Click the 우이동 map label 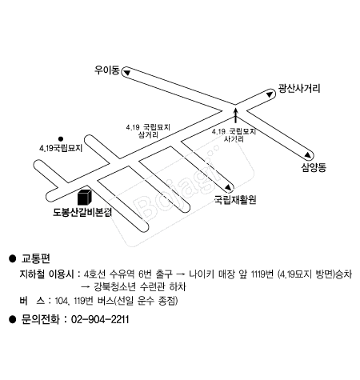(106, 70)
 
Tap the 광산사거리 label (299, 88)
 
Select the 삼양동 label (314, 167)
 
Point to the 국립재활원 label (235, 199)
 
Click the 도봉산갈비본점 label (82, 212)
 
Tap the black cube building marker (85, 198)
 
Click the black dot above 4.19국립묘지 (61, 138)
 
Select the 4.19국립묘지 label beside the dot (61, 148)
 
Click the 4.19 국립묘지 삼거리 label (148, 131)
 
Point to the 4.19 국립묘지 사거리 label (234, 135)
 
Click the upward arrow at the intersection (235, 115)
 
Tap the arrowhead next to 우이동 (126, 73)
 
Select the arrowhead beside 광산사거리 (270, 94)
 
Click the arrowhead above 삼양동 (308, 154)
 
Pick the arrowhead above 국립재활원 (228, 187)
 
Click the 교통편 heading (35, 258)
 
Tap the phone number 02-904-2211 (100, 319)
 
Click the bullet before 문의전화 (12, 319)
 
